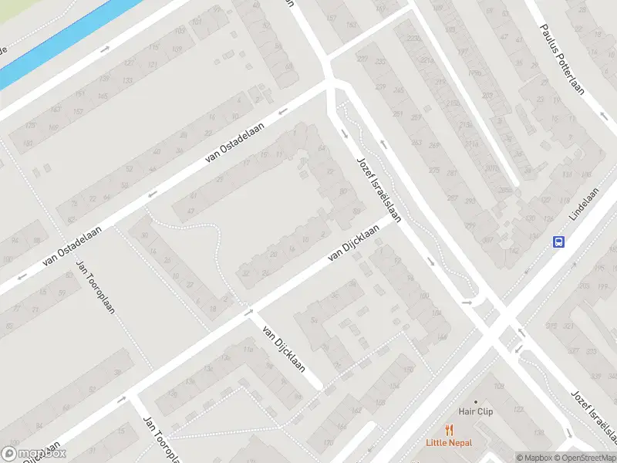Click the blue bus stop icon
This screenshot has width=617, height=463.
tap(558, 242)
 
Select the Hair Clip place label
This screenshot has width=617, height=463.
tap(475, 412)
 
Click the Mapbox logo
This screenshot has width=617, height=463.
tap(34, 454)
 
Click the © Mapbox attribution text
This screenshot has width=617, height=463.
tap(534, 458)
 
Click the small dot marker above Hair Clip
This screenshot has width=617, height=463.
tap(476, 401)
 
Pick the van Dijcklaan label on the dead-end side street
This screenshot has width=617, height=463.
tap(284, 350)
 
